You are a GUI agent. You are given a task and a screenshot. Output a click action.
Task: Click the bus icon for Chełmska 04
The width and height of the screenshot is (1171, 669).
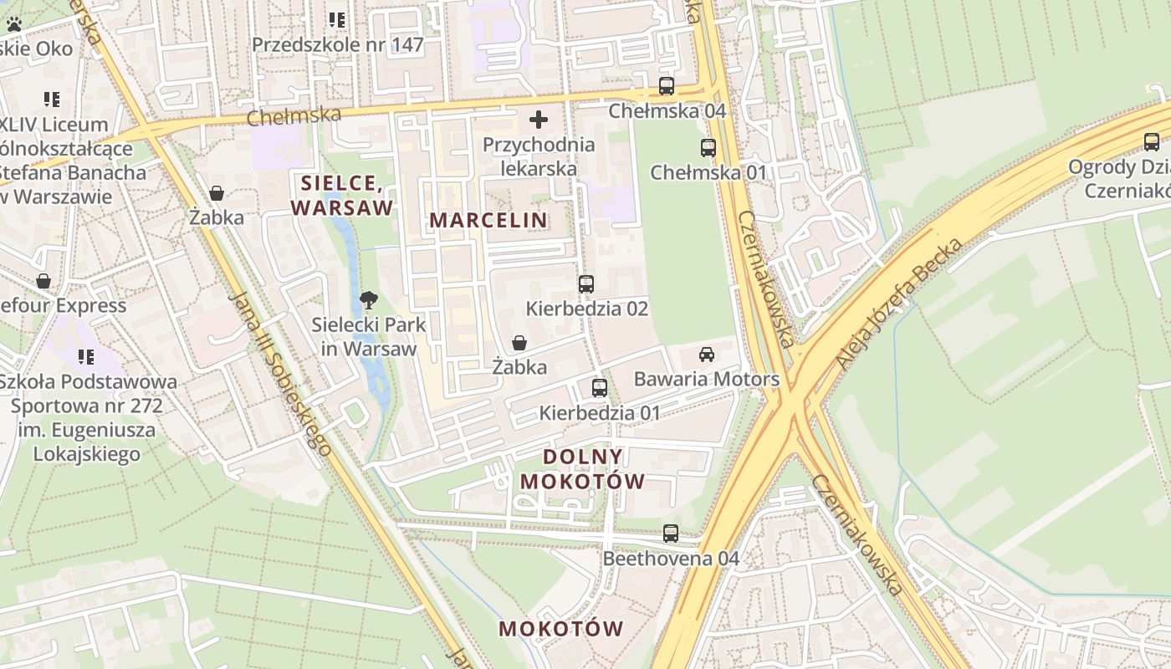667,85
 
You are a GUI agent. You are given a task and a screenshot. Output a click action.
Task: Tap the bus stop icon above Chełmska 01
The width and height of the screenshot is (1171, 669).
708,148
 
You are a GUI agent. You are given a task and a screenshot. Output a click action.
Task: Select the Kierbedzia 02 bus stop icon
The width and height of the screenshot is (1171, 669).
586,284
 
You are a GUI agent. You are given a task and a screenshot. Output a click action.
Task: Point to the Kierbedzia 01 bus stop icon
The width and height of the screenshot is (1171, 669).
600,387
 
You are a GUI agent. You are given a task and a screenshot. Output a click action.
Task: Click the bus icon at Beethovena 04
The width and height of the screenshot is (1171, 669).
671,533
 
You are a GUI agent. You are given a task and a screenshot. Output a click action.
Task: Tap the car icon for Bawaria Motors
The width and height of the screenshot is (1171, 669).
707,355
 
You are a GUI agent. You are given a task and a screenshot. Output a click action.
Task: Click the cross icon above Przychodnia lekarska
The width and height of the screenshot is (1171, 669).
539,120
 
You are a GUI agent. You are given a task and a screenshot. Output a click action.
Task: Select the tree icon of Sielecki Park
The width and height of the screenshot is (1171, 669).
368,300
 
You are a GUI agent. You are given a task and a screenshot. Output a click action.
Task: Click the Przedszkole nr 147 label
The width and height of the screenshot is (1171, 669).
338,45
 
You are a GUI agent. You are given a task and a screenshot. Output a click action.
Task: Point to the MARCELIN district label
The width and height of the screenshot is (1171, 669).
488,220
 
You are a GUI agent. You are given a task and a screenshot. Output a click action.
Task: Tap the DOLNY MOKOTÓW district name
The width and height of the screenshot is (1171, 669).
583,469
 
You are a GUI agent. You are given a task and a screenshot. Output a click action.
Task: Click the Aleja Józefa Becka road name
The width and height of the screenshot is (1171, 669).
899,303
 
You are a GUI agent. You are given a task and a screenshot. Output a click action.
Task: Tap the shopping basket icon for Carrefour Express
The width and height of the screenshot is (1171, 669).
43,281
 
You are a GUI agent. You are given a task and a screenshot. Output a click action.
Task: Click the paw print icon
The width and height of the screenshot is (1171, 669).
14,24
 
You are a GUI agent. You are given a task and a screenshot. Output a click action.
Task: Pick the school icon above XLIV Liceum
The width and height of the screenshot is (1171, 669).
52,100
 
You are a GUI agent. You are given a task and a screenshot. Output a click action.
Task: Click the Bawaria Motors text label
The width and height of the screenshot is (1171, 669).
707,379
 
